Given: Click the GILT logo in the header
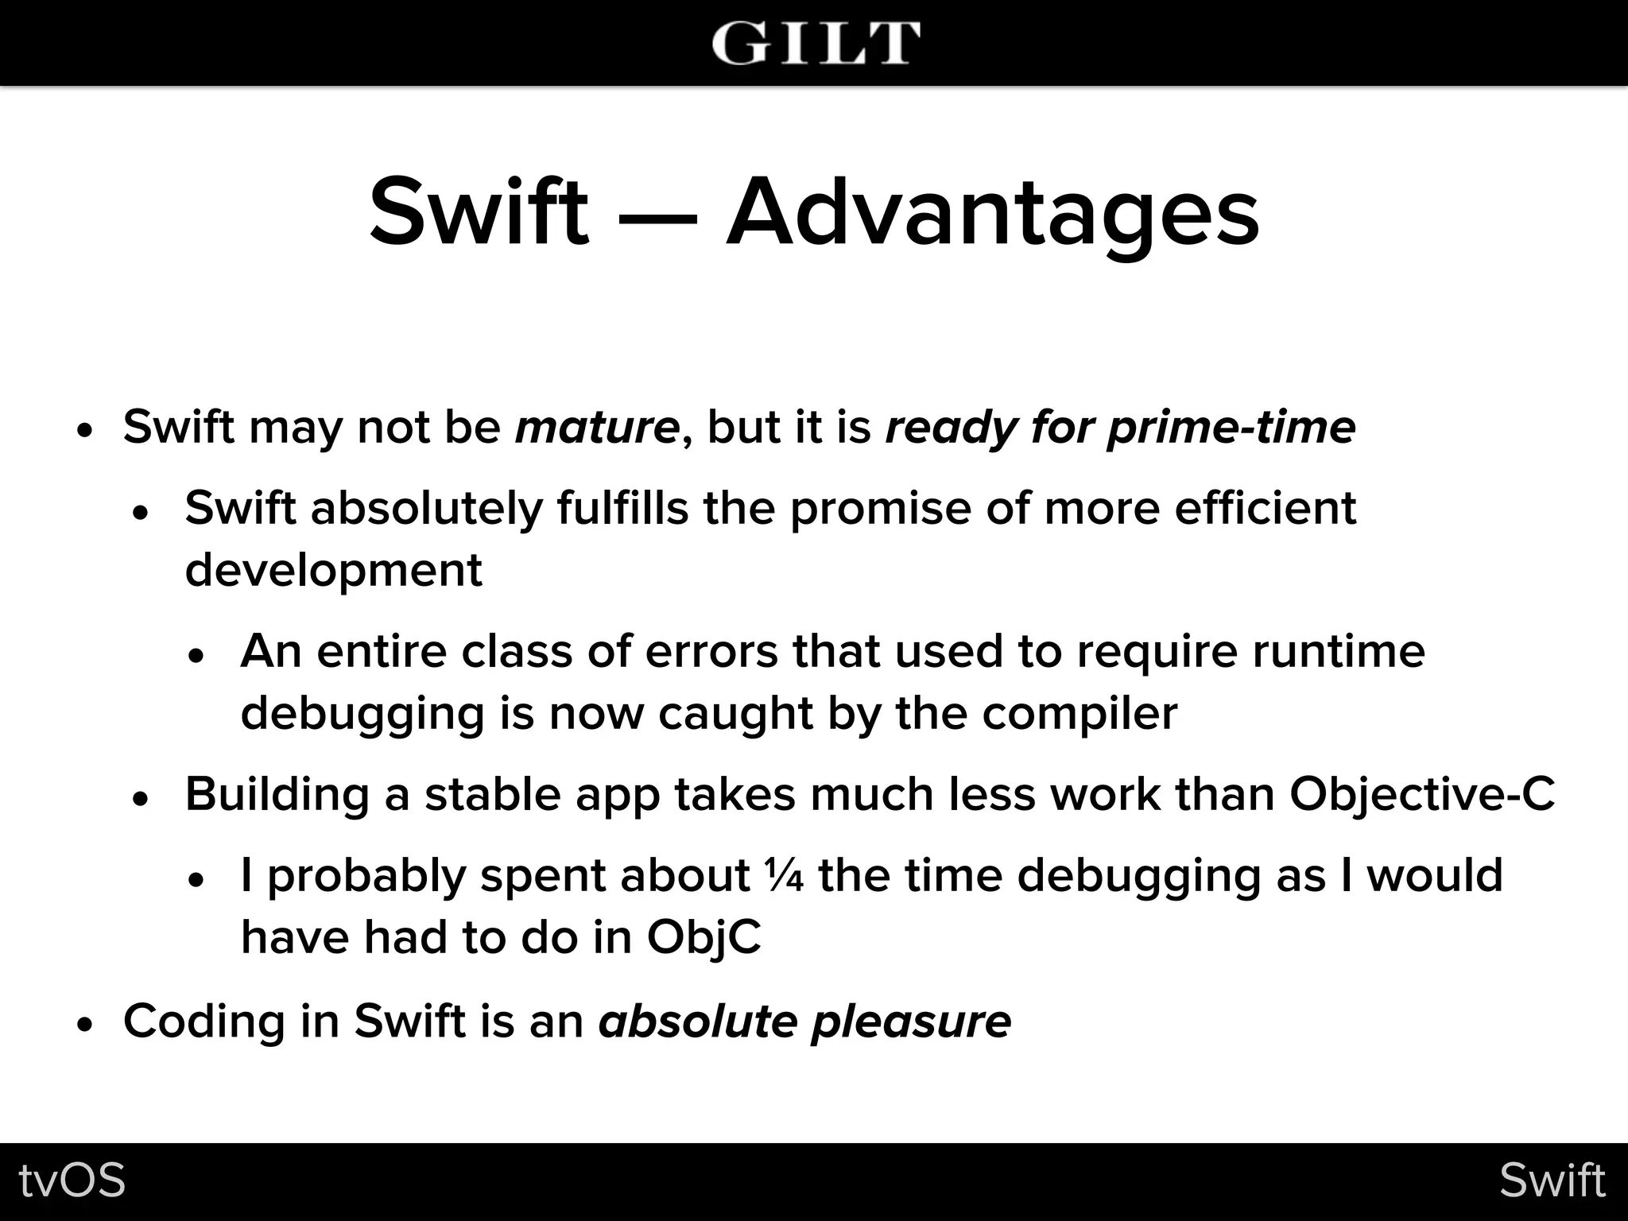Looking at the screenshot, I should click(x=816, y=43).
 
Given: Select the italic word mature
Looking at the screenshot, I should click(x=597, y=428).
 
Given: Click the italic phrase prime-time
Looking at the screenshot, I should click(x=1231, y=428).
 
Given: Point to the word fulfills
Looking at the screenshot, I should click(x=622, y=508).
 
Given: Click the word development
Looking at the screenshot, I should click(x=334, y=571).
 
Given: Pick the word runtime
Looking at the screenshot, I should click(x=1339, y=652).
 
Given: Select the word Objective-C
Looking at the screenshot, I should click(x=1422, y=795).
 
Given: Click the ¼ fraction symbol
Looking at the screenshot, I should click(x=785, y=875).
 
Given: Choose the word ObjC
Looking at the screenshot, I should click(x=704, y=938).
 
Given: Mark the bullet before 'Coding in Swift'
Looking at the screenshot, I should click(x=86, y=1024).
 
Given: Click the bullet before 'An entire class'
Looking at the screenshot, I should click(x=197, y=656).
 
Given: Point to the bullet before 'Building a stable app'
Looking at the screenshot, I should click(x=141, y=799).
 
